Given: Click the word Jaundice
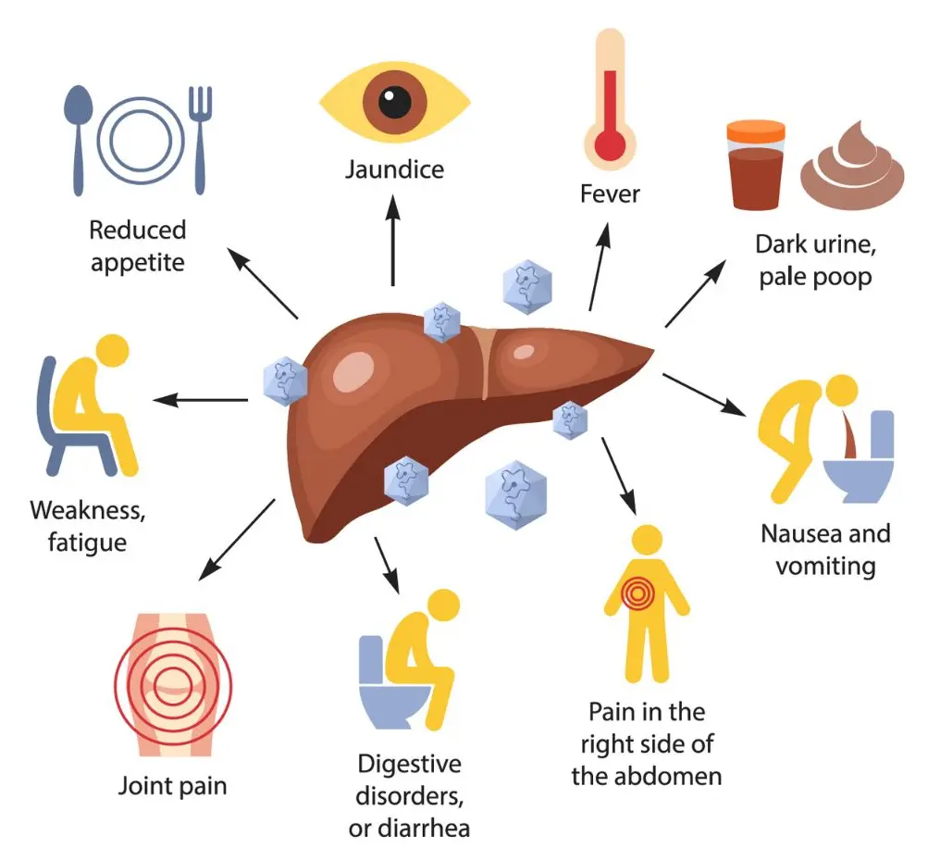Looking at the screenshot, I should coord(394,170).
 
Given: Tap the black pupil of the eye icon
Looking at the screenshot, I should coord(395,101).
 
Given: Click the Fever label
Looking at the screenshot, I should coord(611,194).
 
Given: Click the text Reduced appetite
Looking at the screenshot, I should coord(139,245).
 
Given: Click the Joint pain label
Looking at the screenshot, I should coord(172,788).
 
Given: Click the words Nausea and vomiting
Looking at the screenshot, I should coord(825,549).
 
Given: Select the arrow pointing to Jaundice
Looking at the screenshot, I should coord(393,241).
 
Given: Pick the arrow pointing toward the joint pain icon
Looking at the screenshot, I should coord(237,538).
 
